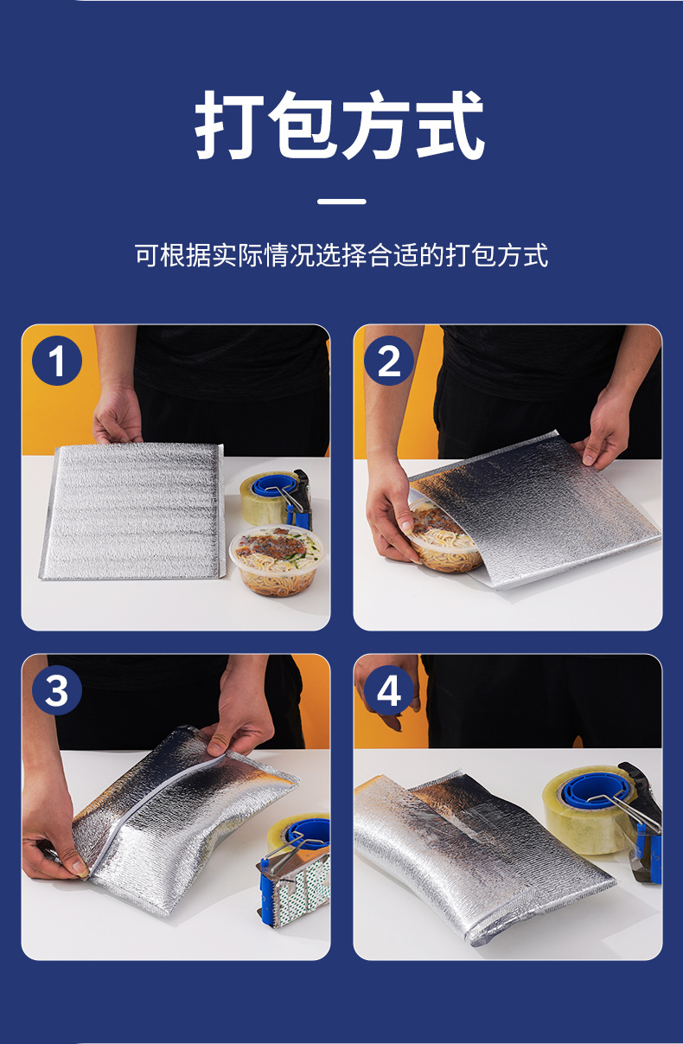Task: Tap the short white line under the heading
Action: pos(341,202)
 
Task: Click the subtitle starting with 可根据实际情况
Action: pos(341,255)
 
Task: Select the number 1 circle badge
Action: pos(57,362)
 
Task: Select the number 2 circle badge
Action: pos(388,362)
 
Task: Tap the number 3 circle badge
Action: pos(57,691)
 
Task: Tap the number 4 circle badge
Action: pos(388,691)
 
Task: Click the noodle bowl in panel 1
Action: pos(271,560)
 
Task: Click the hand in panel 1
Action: pos(117,415)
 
